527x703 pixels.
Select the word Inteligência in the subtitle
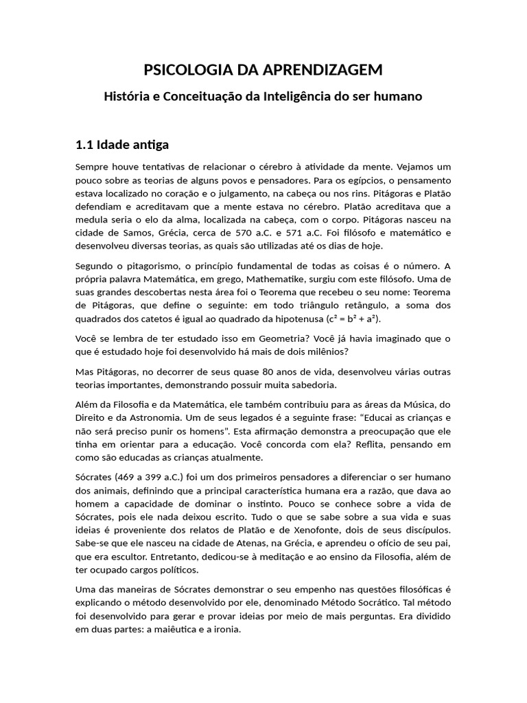pos(299,96)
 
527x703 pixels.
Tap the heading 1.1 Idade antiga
pos(122,145)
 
